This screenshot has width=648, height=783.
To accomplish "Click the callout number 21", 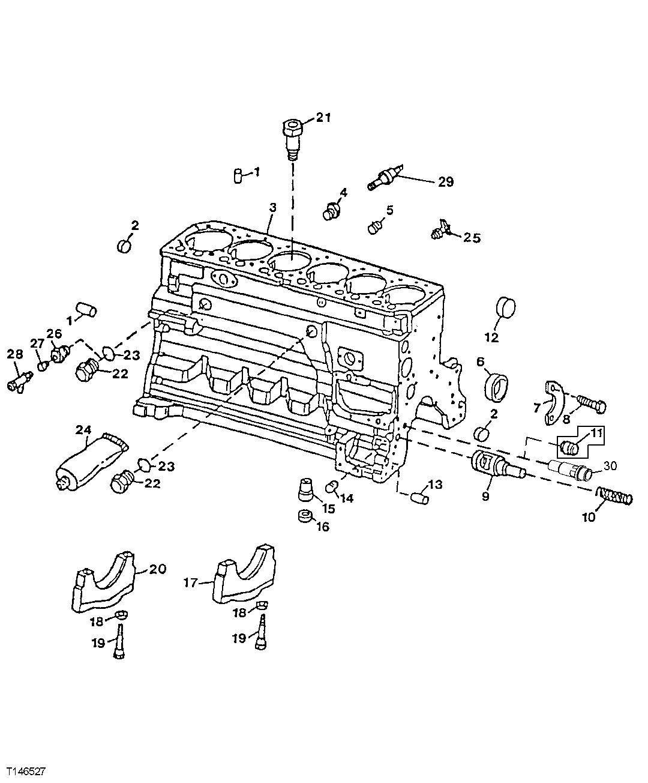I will click(x=323, y=118).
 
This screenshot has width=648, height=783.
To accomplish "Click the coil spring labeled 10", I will click(x=614, y=496).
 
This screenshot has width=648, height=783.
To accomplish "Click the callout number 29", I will click(x=445, y=181).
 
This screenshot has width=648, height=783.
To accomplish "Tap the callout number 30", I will click(x=609, y=465).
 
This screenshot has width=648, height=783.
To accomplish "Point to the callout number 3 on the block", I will click(x=272, y=208).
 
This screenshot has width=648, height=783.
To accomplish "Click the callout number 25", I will click(x=472, y=237).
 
